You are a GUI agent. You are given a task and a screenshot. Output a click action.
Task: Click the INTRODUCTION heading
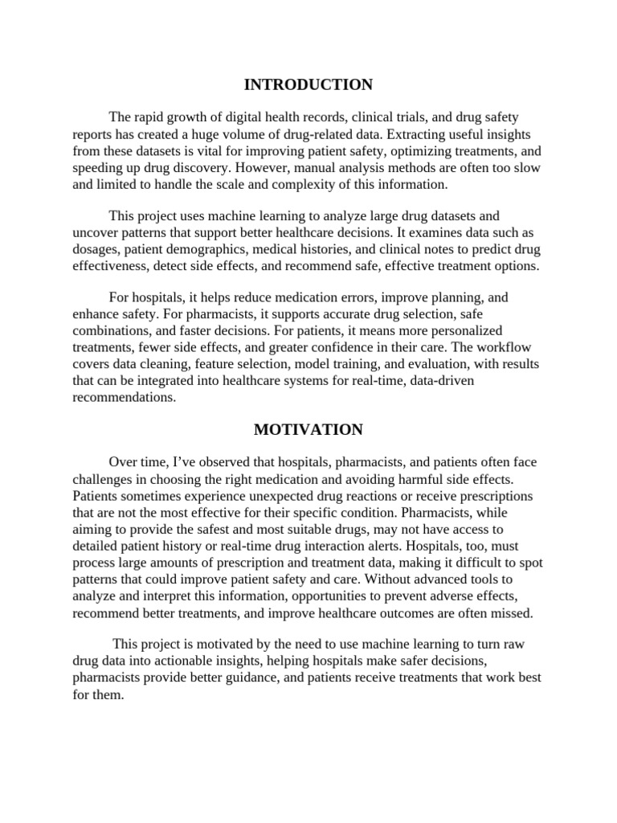click(308, 84)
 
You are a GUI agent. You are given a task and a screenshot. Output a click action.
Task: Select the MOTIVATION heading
click(308, 430)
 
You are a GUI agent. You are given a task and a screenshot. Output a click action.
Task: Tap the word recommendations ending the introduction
click(124, 397)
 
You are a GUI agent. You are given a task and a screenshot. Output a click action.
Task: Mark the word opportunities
click(340, 596)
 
